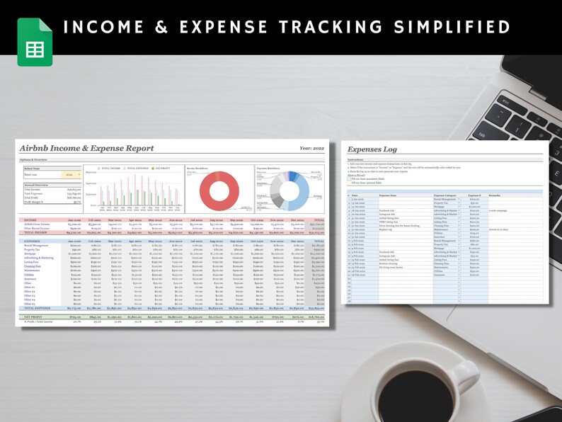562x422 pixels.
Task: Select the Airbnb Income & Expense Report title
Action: (86, 149)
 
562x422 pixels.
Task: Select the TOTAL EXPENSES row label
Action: (40, 309)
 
